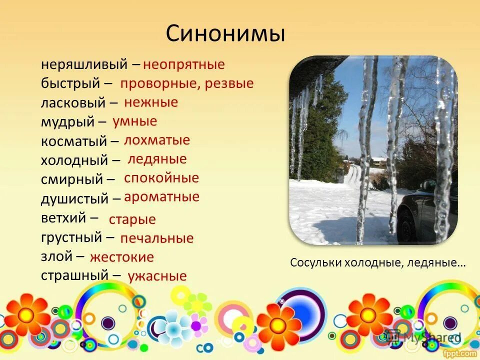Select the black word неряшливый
pos(84,65)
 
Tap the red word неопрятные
pos(184,65)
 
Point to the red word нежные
pos(151,102)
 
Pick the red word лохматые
pos(157,140)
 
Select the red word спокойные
pos(161,178)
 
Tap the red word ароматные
pos(161,197)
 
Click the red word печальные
pos(156,238)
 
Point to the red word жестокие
pos(122,257)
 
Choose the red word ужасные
pos(157,276)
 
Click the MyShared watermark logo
pos(423,337)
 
